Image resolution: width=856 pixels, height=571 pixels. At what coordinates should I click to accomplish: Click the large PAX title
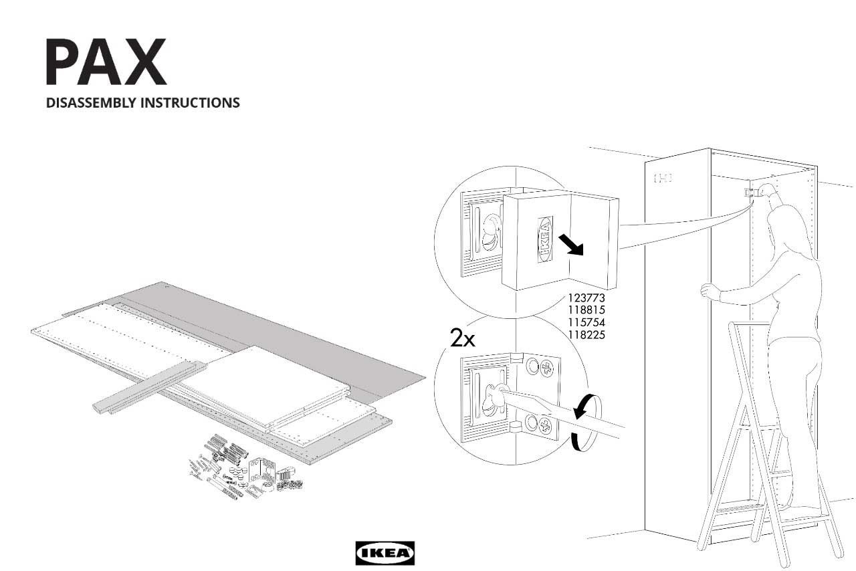[106, 62]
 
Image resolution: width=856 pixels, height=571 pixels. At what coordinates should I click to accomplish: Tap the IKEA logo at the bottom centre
[385, 553]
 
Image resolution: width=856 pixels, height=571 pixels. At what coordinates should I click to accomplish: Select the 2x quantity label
[462, 339]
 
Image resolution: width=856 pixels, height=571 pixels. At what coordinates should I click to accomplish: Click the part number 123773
[586, 298]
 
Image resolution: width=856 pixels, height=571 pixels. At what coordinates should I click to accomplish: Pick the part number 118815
[586, 310]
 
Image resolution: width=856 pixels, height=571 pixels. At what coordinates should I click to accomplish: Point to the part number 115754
[586, 322]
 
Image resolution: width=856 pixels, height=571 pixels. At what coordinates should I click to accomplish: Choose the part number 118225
[586, 334]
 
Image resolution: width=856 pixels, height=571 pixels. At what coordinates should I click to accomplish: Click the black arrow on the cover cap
[572, 245]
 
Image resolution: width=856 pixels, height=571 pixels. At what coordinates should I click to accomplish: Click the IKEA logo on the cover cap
[545, 238]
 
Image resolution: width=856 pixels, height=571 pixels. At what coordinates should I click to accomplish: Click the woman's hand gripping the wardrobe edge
[708, 291]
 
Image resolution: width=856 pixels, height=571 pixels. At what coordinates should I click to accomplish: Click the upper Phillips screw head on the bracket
[546, 366]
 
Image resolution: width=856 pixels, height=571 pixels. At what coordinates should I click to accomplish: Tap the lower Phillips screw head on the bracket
[545, 426]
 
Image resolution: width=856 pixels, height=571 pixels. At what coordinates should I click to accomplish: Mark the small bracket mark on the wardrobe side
[662, 178]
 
